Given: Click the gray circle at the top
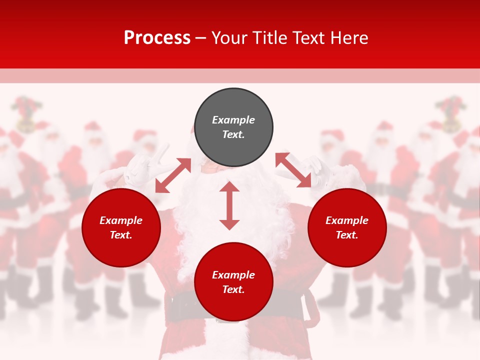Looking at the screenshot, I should tap(233, 127).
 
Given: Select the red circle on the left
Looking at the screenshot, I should tap(121, 228).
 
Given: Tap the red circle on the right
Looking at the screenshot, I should tap(347, 228).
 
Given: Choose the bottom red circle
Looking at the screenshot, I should tap(233, 282).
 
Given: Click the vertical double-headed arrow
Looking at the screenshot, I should tap(229, 205).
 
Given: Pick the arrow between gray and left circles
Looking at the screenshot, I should tap(173, 175).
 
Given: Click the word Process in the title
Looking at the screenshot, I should tap(157, 38).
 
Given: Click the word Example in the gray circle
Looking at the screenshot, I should tap(233, 120).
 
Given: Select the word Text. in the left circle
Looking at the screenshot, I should tap(121, 235).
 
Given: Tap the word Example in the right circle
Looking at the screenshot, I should tap(347, 220).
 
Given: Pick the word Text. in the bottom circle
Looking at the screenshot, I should tap(233, 289).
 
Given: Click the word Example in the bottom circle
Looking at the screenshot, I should tap(233, 275).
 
